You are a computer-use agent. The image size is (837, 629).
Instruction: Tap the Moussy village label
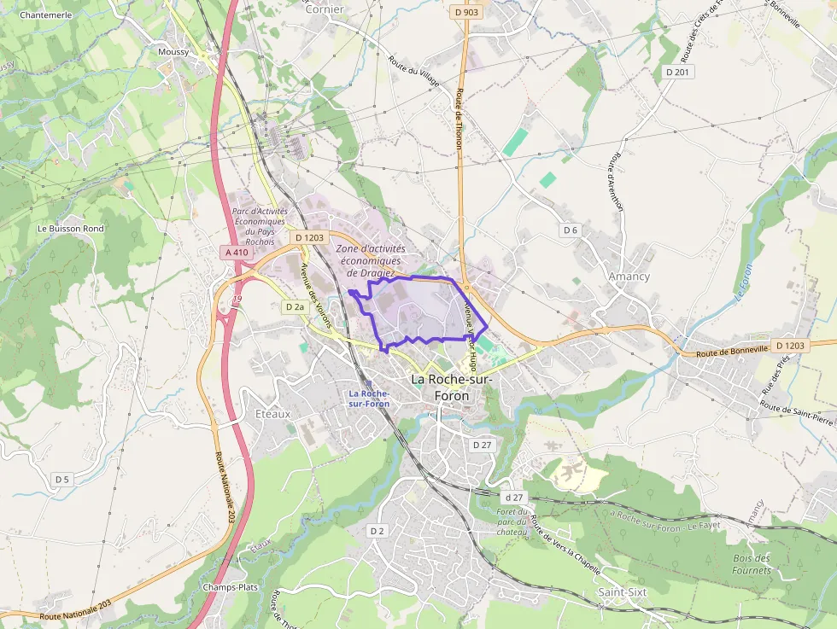coord(173,51)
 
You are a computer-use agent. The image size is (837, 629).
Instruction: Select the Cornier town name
coord(325,9)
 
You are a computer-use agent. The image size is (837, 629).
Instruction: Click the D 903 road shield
coord(466,13)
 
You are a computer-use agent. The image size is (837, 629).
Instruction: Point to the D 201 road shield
coord(676,73)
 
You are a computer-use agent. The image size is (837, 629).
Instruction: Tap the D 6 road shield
coord(571,230)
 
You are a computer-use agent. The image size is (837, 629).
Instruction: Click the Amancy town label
coord(629,277)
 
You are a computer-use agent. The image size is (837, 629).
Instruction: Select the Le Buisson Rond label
coord(71,229)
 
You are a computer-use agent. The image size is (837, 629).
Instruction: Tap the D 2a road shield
coord(296,306)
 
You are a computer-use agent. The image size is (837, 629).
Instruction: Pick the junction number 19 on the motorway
coord(237,299)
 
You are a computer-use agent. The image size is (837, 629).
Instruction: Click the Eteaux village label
coord(273,414)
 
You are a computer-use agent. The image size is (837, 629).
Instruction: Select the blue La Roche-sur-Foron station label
coord(369,398)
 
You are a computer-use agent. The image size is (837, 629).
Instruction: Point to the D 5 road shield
coord(61,480)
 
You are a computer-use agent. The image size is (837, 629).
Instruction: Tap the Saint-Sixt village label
coord(622,592)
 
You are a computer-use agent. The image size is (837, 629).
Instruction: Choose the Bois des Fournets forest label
coord(752,564)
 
